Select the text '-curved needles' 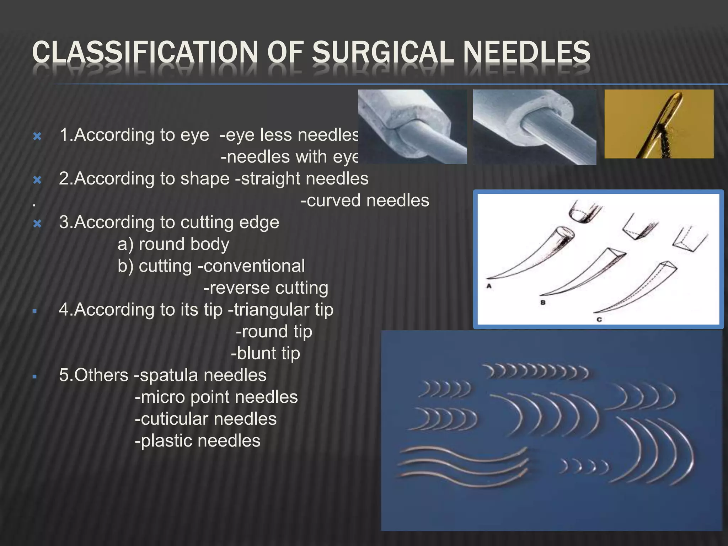365,200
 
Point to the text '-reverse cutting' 266,288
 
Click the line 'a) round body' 173,244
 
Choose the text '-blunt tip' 266,353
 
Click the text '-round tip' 274,332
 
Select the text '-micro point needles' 216,397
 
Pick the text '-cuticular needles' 205,419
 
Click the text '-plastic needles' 198,441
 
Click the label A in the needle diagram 489,286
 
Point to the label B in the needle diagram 543,303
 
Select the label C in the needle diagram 599,319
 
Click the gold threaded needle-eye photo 659,124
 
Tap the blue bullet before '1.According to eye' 37,136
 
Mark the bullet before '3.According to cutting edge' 37,224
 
